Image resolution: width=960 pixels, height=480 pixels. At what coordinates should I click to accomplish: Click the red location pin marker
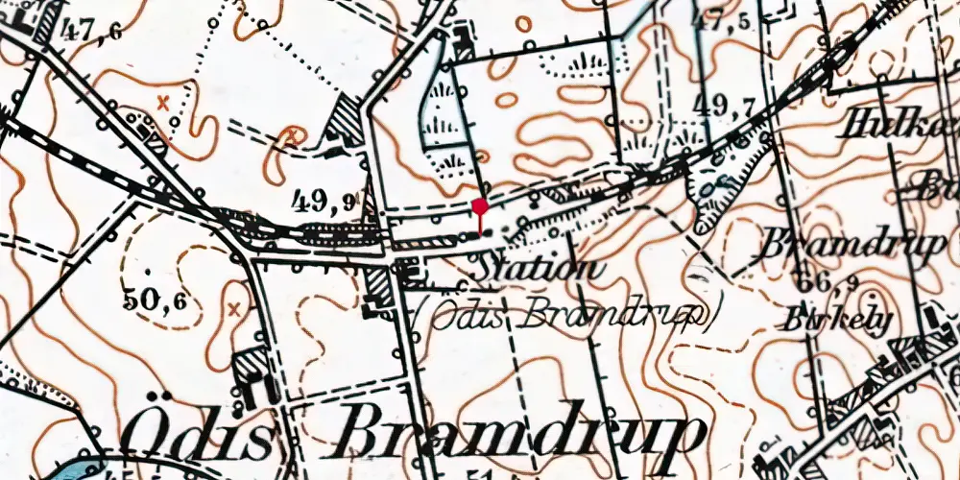click(480, 206)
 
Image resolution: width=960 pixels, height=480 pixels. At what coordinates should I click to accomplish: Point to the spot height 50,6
click(155, 300)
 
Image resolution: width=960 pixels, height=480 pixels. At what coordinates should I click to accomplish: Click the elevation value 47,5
click(728, 20)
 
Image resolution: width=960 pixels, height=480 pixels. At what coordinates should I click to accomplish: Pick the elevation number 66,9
click(828, 282)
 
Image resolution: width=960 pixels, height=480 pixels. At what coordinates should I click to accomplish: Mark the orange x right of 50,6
click(233, 308)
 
